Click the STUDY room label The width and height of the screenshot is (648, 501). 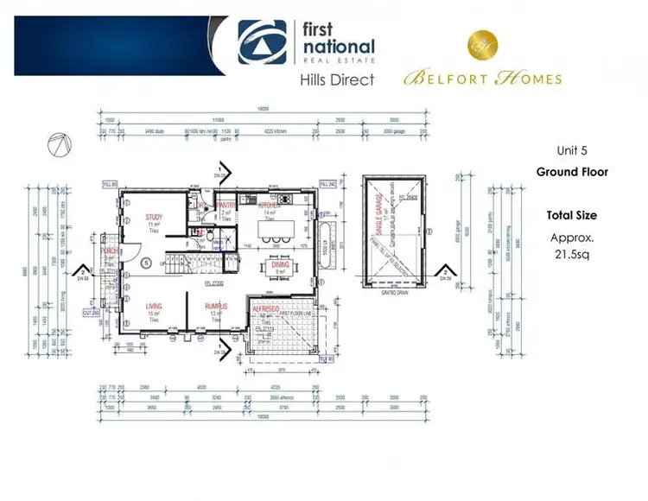pyautogui.click(x=156, y=218)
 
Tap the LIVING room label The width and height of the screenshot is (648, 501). pyautogui.click(x=155, y=307)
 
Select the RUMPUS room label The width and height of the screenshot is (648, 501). pyautogui.click(x=216, y=307)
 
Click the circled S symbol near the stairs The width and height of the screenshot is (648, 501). pyautogui.click(x=146, y=262)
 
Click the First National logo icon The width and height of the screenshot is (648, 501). pyautogui.click(x=264, y=43)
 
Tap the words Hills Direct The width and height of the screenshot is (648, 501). pyautogui.click(x=337, y=80)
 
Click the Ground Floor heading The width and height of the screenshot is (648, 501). pyautogui.click(x=572, y=172)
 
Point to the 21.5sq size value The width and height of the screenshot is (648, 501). pyautogui.click(x=571, y=255)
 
